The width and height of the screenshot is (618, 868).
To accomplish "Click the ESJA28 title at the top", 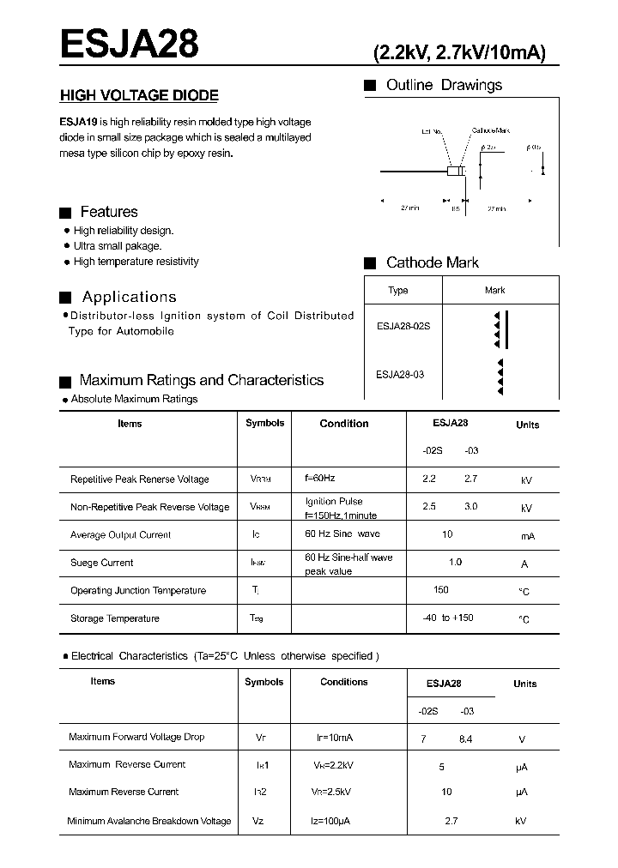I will pos(129,44).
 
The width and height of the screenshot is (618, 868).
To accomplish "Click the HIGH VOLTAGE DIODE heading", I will pos(139,96).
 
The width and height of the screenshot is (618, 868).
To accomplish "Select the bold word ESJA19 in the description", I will pos(78,123).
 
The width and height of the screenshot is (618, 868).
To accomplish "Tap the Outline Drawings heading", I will pos(444,85).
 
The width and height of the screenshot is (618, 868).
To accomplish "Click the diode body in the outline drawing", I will pos(455,172).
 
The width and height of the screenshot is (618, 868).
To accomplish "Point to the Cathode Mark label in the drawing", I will pos(491,130).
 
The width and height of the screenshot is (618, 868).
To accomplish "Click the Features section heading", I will pos(108,212).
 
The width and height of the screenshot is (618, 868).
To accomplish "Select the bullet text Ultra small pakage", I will pos(118,246).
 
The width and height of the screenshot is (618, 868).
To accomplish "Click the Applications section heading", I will pos(129,297).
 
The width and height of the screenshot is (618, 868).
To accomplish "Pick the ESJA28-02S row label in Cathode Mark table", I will pos(404,326).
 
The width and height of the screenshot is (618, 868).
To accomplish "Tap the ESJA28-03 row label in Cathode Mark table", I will pos(400,374).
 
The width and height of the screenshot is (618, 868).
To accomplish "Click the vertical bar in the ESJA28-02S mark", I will pos(506,330).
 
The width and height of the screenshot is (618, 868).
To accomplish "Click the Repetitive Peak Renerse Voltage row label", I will pos(139,479).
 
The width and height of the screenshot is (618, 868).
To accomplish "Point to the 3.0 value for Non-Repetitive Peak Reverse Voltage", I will pos(471,507).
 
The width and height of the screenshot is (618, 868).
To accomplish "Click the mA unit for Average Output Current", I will pos(527,536).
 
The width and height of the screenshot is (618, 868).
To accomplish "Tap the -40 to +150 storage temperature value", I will pos(447,618).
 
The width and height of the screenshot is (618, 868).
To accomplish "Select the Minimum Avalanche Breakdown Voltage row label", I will pos(149,821).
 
